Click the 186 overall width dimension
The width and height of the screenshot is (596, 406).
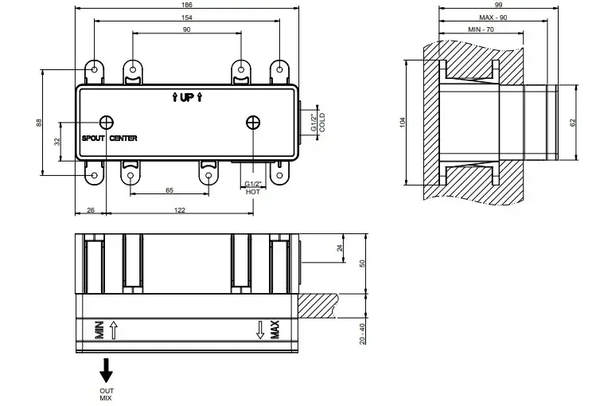[187, 5]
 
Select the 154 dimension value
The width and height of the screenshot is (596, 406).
[187, 17]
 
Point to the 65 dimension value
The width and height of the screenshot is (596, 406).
[169, 189]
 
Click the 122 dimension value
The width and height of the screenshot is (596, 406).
[179, 209]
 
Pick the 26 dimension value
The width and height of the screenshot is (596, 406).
[90, 209]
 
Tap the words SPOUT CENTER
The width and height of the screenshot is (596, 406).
[110, 139]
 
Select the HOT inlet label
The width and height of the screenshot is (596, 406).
[252, 192]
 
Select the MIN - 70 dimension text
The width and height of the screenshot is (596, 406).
[480, 29]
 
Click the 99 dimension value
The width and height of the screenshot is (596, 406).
[499, 5]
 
